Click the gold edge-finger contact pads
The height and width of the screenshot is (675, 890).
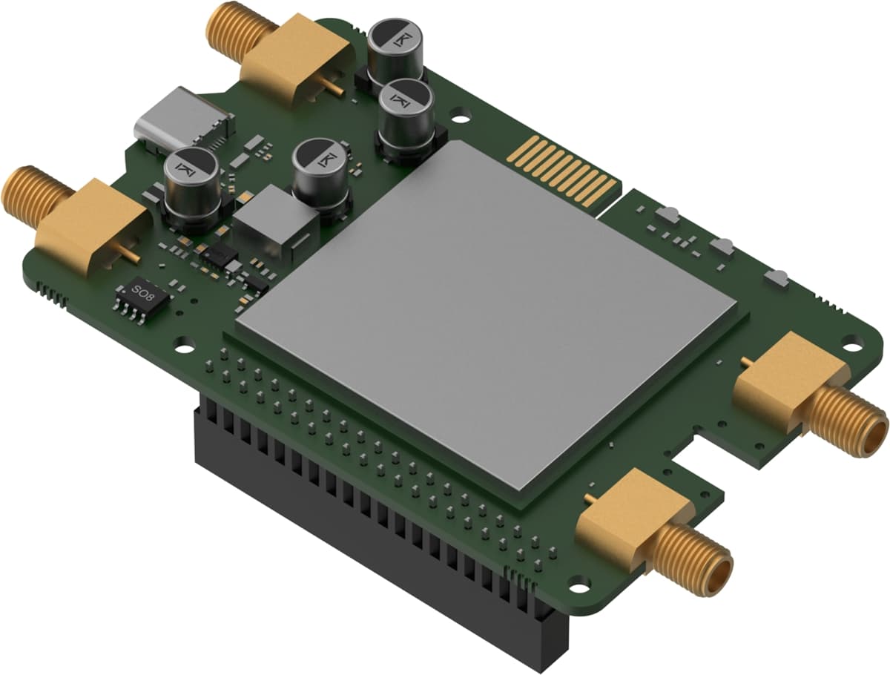point(564,171)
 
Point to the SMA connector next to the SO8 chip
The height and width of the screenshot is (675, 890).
point(82,223)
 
